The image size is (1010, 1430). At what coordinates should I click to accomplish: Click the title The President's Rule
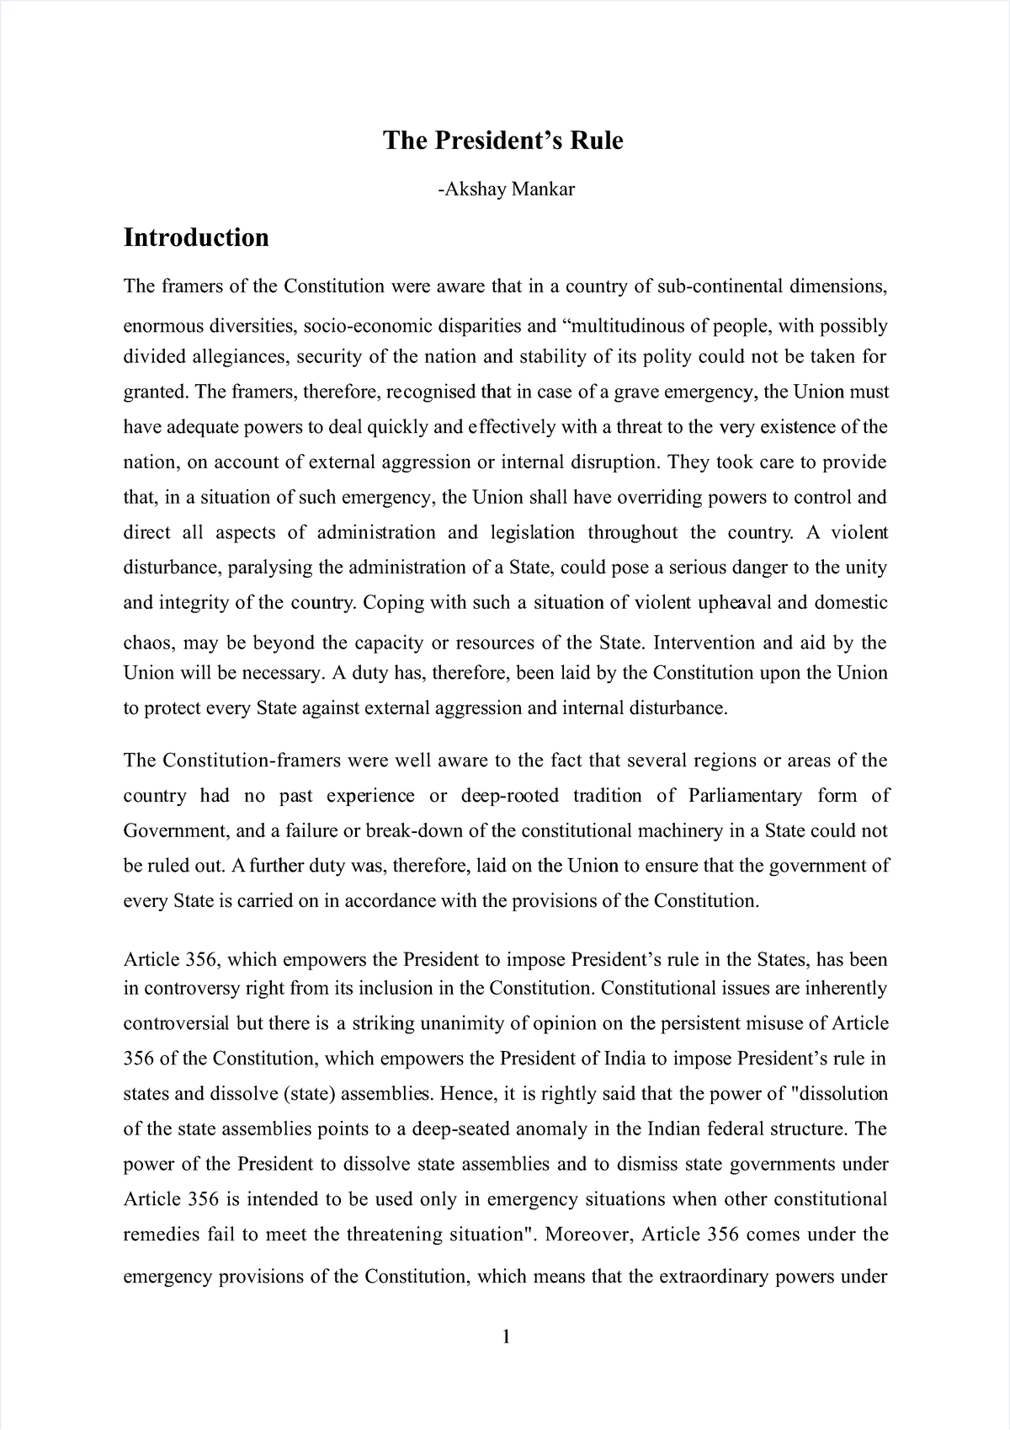click(x=503, y=141)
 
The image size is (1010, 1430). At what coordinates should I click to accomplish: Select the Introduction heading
click(x=196, y=238)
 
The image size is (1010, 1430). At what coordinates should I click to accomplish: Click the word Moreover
click(x=589, y=1235)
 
